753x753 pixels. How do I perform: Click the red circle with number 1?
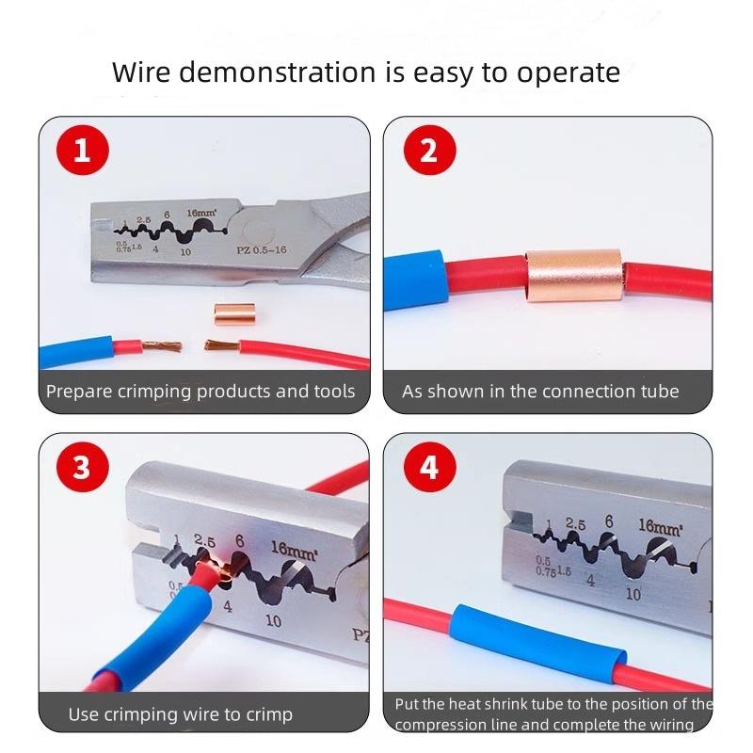click(82, 151)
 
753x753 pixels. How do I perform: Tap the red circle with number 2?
click(428, 151)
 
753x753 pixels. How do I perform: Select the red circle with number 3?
click(82, 468)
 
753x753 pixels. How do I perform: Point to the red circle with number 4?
click(428, 468)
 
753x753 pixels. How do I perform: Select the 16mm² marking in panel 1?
click(200, 214)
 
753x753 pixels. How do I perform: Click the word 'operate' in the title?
click(573, 73)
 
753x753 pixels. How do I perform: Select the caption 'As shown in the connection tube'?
click(540, 392)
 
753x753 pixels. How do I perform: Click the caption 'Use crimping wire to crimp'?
click(180, 714)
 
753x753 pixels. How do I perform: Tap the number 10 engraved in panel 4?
click(633, 594)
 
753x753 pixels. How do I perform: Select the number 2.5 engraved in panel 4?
click(575, 525)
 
